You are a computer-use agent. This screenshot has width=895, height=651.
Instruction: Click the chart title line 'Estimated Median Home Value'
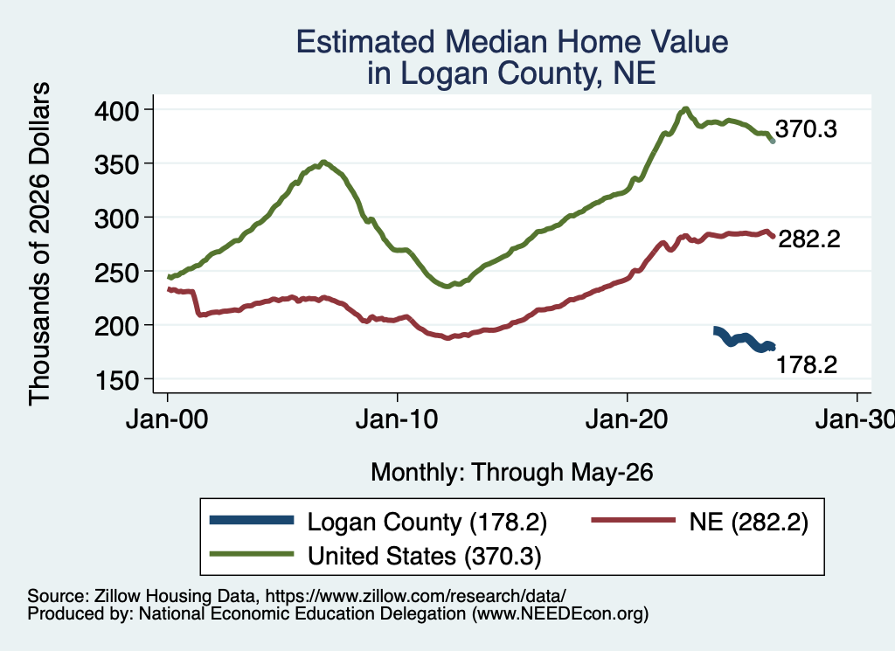(512, 42)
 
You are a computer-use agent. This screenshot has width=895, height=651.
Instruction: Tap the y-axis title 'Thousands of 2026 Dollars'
(39, 244)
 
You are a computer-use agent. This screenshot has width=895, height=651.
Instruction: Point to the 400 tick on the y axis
(124, 110)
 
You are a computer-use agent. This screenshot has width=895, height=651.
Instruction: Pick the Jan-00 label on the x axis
(167, 419)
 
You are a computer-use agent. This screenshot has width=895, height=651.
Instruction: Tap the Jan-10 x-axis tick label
(397, 419)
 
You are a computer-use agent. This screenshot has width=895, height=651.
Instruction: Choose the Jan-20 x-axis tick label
(627, 419)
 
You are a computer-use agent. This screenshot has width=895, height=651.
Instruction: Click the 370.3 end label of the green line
(806, 129)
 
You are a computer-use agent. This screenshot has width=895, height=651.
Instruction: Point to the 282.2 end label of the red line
(809, 239)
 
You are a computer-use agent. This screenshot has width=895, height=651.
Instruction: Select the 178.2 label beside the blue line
(807, 364)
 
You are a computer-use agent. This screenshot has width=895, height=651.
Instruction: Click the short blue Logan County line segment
(745, 339)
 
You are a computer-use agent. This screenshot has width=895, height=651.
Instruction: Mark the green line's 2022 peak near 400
(685, 108)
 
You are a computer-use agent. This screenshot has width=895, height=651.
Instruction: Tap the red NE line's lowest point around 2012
(448, 338)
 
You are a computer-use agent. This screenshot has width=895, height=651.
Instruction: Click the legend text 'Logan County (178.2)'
(427, 522)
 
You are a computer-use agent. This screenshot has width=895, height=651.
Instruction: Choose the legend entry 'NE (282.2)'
(748, 522)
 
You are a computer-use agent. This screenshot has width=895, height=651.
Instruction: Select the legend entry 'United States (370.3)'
(424, 556)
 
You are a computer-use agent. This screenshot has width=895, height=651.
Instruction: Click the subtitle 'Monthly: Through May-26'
(512, 473)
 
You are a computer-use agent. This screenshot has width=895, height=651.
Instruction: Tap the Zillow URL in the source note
(415, 596)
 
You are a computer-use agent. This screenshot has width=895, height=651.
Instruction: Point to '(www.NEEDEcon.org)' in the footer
(560, 614)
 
